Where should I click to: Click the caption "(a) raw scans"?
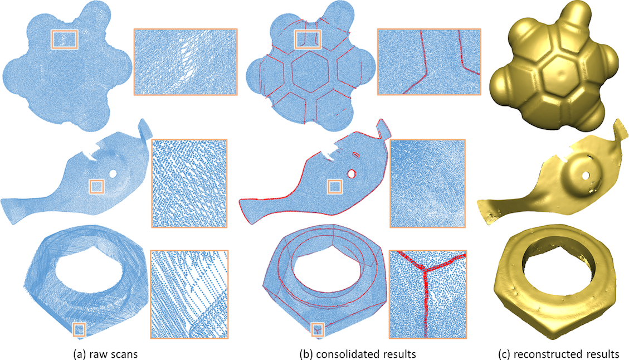pos(106,354)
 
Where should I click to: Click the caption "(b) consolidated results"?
pos(358,354)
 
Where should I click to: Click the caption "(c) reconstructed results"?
pos(558,354)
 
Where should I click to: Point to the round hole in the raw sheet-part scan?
pos(113,174)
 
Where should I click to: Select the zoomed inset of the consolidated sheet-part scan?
pos(428,183)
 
